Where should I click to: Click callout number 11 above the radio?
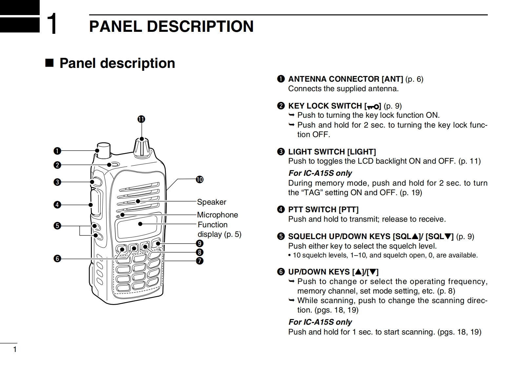click(x=141, y=119)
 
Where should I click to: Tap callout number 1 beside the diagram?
click(x=57, y=151)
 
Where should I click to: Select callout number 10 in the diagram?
click(x=200, y=179)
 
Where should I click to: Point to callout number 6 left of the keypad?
click(x=57, y=258)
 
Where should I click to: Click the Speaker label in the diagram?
click(x=211, y=202)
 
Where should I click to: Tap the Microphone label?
click(x=217, y=215)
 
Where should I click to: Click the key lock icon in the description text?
click(x=373, y=106)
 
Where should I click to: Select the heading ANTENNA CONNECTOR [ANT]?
click(x=345, y=79)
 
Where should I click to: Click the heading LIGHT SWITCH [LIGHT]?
click(x=332, y=152)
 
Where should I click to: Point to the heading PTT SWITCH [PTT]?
click(x=323, y=210)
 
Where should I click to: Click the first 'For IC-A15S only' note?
click(x=320, y=173)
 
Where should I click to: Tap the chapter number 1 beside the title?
click(x=51, y=24)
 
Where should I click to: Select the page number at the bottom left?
click(x=14, y=349)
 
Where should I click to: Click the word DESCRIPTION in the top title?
click(x=200, y=26)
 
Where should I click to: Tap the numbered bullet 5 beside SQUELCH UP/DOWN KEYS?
click(x=281, y=236)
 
